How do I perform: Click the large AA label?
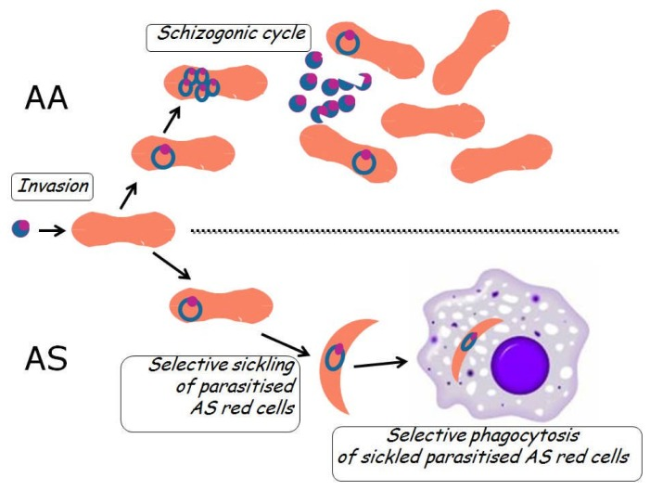coord(46,98)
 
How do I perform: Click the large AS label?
coord(46,358)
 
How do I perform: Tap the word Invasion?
coord(53,186)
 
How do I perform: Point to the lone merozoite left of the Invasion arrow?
coord(20,228)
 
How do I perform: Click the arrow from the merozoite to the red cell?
coord(52,229)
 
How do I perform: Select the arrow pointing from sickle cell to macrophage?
coord(380,364)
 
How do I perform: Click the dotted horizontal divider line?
coord(404,231)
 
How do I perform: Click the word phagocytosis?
coord(525,435)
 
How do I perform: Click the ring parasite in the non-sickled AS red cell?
coord(190,309)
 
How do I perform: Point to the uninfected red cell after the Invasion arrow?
coord(123,229)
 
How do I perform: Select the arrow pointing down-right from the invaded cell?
coord(172,265)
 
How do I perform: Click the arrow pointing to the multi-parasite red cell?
coord(172,120)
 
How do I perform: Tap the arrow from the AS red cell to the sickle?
coord(286,344)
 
